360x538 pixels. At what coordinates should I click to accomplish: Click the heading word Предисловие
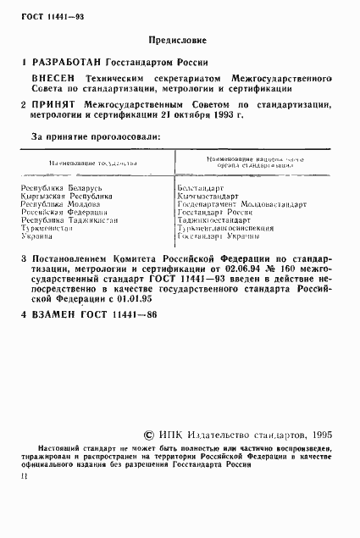point(180,39)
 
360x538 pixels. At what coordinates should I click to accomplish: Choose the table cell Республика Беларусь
point(61,183)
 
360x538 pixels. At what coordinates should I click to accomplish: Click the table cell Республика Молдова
point(61,204)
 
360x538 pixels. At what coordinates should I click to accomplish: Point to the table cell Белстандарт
point(201,183)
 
